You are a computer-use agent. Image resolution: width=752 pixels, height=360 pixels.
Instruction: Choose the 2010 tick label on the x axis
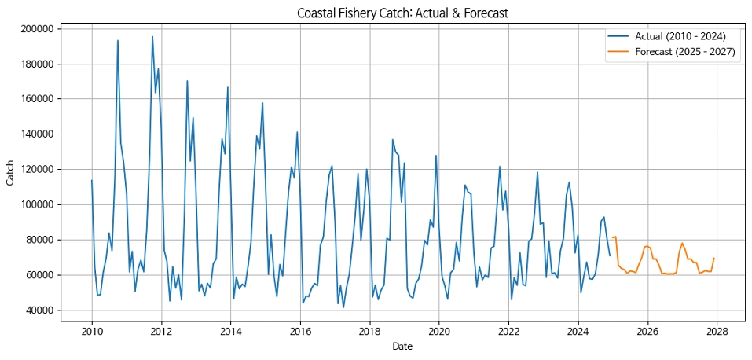92,331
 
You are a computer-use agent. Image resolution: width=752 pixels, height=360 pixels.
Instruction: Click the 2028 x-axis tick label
717,331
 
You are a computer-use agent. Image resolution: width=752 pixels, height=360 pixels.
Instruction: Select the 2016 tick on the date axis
300,331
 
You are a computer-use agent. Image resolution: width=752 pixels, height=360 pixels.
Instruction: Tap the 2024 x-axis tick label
578,331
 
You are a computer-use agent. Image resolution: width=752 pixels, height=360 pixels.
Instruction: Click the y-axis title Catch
10,170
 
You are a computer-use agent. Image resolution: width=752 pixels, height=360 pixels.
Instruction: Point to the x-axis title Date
402,346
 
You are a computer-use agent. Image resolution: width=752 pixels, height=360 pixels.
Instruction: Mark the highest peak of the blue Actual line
152,36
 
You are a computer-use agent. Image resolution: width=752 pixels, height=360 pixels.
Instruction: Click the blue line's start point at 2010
92,181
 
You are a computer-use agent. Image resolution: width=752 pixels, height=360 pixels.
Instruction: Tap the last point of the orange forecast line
714,259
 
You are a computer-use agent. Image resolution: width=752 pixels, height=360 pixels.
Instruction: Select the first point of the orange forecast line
613,237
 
